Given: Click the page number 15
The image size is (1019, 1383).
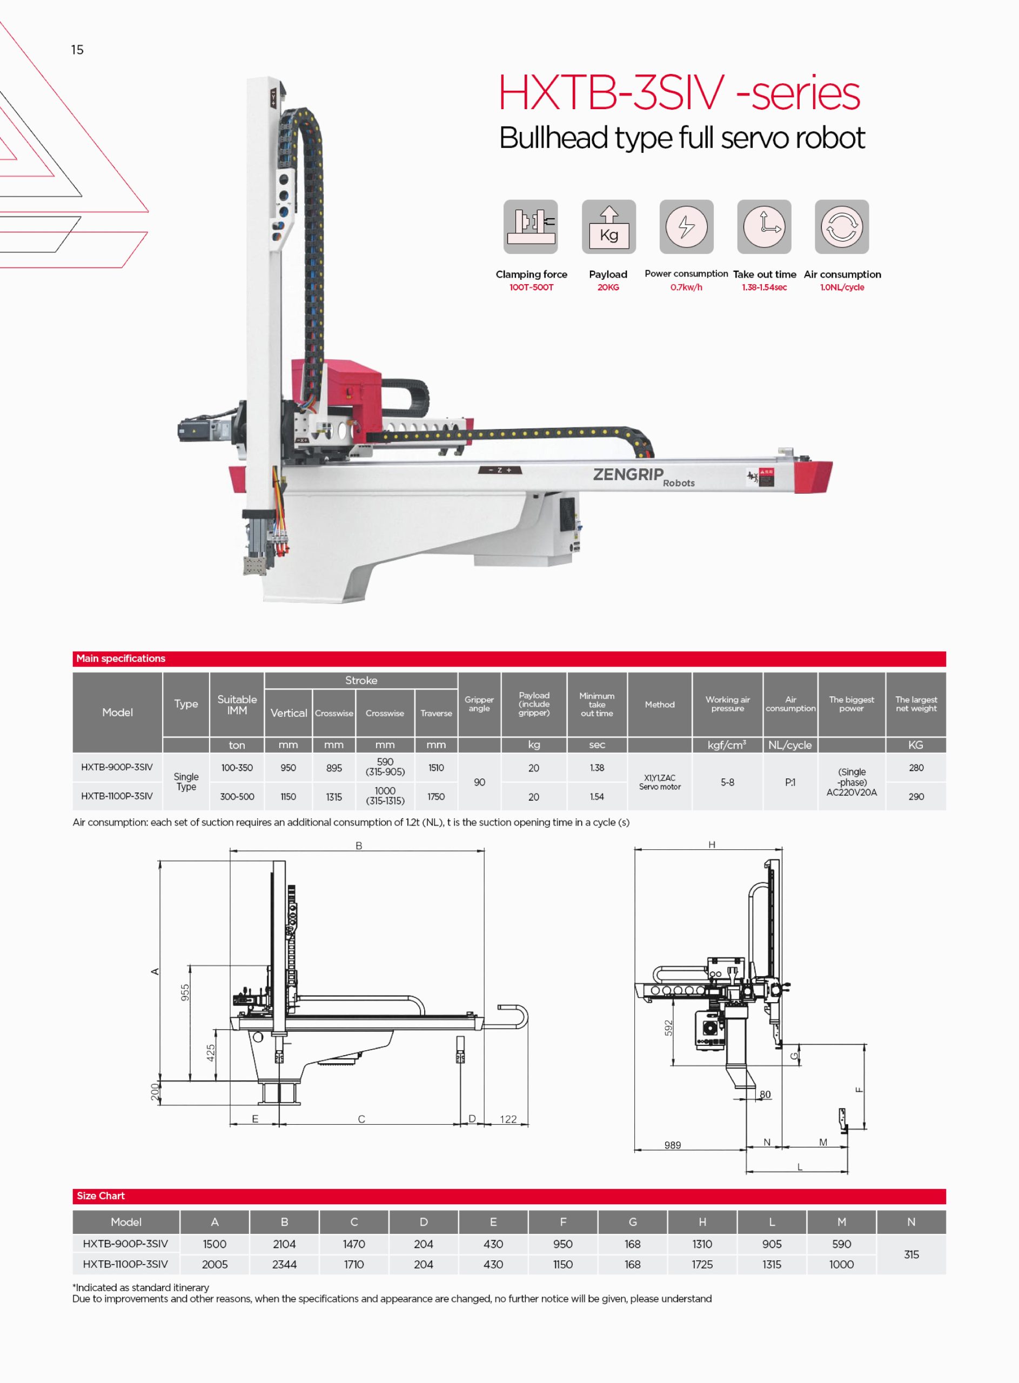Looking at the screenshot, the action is tap(77, 49).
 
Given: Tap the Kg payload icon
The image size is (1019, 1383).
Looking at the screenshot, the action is tap(608, 226).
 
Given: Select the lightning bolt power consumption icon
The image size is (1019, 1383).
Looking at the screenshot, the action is tap(686, 226).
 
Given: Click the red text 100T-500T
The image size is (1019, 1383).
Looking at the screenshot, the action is tap(531, 287).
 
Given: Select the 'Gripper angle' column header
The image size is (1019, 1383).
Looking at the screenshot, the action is tap(479, 704).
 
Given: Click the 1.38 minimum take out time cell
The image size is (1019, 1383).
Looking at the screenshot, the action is tap(596, 768).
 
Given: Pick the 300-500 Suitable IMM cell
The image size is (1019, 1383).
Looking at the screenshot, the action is tap(237, 797).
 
